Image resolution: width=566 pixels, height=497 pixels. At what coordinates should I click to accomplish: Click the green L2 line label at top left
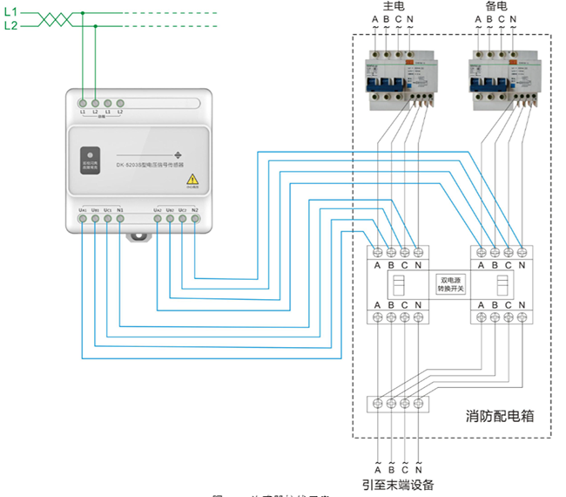click(10, 26)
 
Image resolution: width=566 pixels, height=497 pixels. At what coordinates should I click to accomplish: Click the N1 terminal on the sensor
click(120, 218)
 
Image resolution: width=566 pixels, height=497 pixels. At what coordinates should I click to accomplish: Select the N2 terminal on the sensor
click(195, 218)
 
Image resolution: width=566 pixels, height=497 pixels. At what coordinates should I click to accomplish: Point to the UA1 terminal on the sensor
click(82, 218)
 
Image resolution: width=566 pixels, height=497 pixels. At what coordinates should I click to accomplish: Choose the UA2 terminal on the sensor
click(157, 218)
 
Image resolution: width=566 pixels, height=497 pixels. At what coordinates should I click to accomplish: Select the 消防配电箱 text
click(499, 418)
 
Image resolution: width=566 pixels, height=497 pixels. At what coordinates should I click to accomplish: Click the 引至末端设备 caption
click(398, 485)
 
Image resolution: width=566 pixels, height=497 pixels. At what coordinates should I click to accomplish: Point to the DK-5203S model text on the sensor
click(139, 165)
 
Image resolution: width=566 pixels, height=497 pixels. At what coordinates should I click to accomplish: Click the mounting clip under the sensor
click(138, 235)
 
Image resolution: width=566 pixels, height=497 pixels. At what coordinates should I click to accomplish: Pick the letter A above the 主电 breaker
click(375, 20)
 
